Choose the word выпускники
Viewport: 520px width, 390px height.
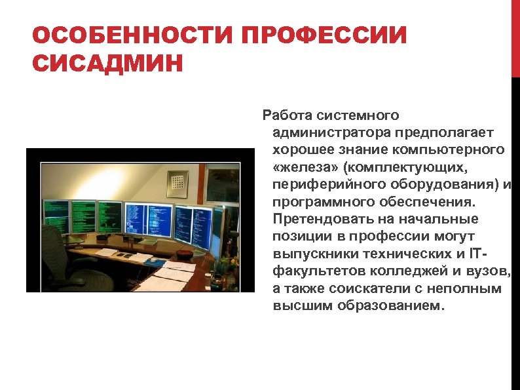point(312,253)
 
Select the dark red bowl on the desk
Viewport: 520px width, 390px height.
point(184,252)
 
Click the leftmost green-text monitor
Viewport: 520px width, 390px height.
point(56,216)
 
